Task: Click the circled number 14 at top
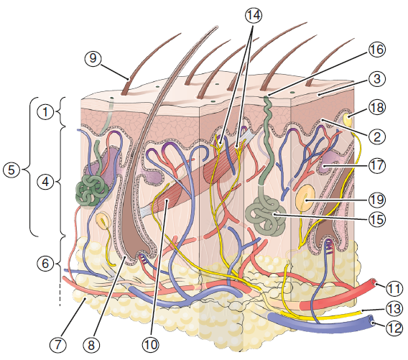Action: [x=253, y=15]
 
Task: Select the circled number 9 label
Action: [x=93, y=57]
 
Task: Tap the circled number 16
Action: [x=377, y=49]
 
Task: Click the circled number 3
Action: [x=377, y=78]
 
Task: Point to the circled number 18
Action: [x=377, y=107]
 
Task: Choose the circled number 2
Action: [x=377, y=137]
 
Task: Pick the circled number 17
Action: [x=377, y=165]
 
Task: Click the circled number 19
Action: [x=377, y=199]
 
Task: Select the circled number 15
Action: [x=377, y=219]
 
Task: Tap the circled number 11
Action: [x=394, y=288]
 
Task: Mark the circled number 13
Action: [x=394, y=309]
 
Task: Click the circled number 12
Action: [x=394, y=328]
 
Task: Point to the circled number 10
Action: [x=150, y=345]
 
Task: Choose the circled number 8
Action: [x=91, y=346]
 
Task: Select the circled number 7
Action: [x=57, y=345]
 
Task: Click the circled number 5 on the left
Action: [x=11, y=170]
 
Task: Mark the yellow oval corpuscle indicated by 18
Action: [x=348, y=119]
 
